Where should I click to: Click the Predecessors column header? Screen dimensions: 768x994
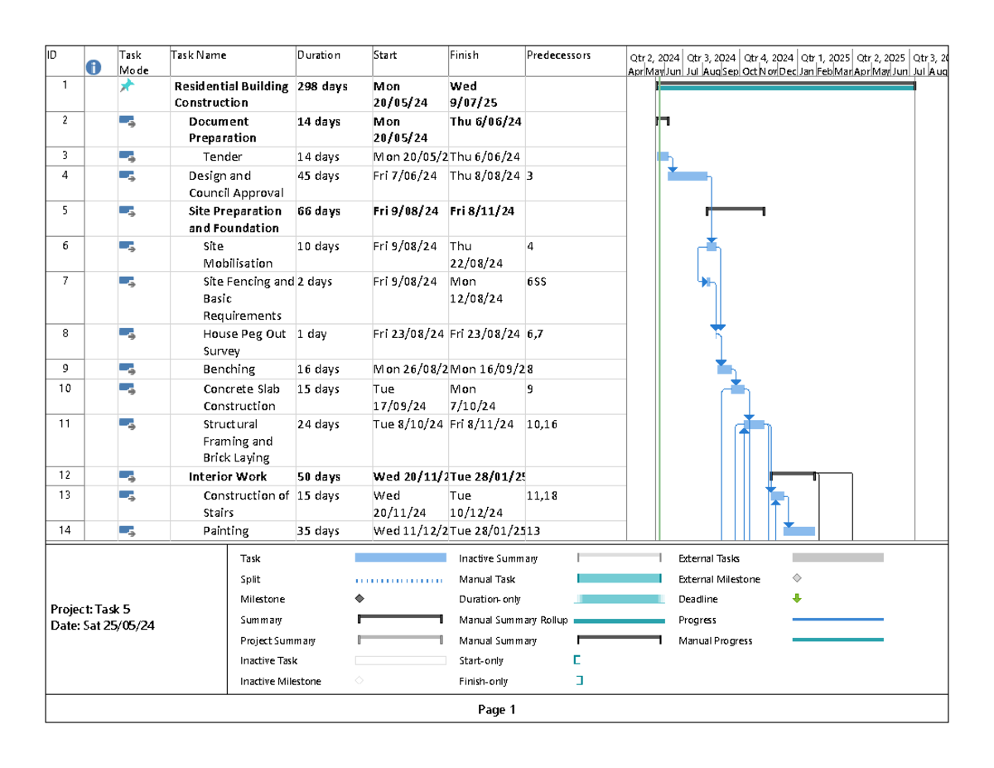click(x=558, y=56)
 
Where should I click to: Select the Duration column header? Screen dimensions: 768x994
click(x=319, y=56)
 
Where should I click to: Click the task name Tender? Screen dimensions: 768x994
click(x=223, y=157)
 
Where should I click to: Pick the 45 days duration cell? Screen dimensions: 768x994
click(x=318, y=176)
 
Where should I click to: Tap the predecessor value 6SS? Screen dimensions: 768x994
click(x=536, y=282)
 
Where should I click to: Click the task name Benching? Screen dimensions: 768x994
click(x=229, y=370)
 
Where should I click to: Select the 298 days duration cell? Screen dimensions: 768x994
click(x=322, y=86)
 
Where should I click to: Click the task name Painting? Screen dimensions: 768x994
click(x=226, y=531)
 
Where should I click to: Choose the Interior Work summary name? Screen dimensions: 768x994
click(x=228, y=477)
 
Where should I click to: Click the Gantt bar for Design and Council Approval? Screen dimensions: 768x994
click(x=688, y=176)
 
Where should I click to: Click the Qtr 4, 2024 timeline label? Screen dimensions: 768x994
click(x=768, y=58)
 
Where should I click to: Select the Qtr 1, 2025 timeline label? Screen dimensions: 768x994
click(x=825, y=58)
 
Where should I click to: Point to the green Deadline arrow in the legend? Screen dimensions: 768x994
click(x=798, y=599)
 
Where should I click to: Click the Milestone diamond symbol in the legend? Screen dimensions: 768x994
click(x=359, y=599)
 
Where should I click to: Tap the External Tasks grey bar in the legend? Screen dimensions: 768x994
click(x=837, y=558)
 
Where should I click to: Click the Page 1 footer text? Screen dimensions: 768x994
click(x=496, y=710)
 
